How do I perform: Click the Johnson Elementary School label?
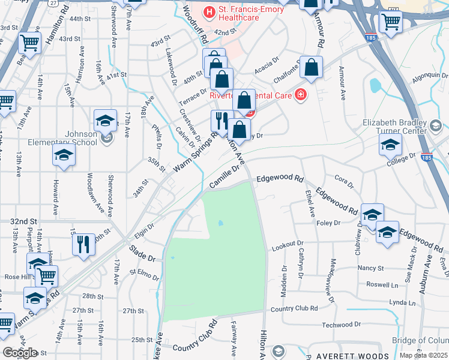pyautogui.click(x=62, y=138)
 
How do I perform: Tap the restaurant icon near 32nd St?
pyautogui.click(x=83, y=244)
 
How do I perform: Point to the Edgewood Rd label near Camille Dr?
pyautogui.click(x=280, y=179)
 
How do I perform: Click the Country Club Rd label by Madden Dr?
pyautogui.click(x=294, y=308)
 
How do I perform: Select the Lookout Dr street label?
pyautogui.click(x=288, y=244)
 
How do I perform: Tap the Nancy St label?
pyautogui.click(x=370, y=268)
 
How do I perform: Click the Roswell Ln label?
pyautogui.click(x=382, y=285)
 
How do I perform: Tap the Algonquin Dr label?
pyautogui.click(x=429, y=76)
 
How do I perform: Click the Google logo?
pyautogui.click(x=20, y=353)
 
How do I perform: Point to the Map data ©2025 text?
pyautogui.click(x=424, y=355)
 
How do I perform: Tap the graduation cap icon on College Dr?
pyautogui.click(x=390, y=145)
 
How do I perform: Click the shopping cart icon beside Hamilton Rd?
pyautogui.click(x=29, y=42)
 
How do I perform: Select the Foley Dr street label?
pyautogui.click(x=328, y=223)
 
